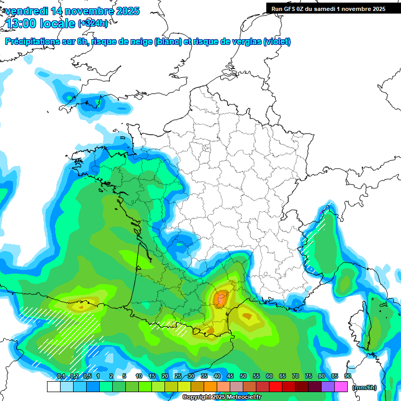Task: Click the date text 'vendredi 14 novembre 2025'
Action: pos(73,11)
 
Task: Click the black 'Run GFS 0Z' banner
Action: pos(333,8)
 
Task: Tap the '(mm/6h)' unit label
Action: pos(364,387)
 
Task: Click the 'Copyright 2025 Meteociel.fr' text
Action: pos(221,397)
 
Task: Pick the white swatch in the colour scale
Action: pos(53,387)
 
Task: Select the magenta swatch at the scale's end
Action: pos(341,387)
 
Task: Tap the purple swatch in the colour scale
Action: pos(328,387)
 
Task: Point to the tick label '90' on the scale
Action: pos(348,376)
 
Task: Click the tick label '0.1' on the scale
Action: pos(61,376)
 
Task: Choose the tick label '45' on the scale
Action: pos(230,376)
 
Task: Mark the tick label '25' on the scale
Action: pos(178,376)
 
